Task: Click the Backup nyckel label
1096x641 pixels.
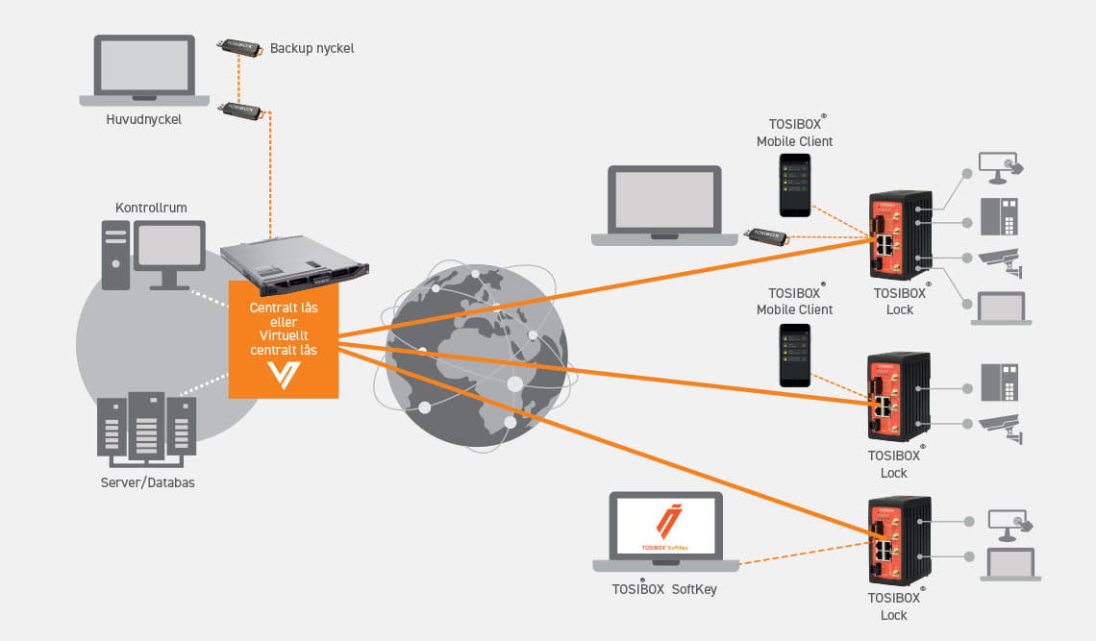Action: pyautogui.click(x=311, y=48)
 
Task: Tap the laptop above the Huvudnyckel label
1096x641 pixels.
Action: pyautogui.click(x=144, y=70)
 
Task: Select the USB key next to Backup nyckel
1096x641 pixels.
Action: pyautogui.click(x=236, y=47)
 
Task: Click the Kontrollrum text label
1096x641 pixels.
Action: pyautogui.click(x=151, y=208)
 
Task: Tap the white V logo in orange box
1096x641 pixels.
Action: pyautogui.click(x=284, y=373)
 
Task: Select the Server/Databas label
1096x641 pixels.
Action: pyautogui.click(x=147, y=482)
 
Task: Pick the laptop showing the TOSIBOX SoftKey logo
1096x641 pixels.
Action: pyautogui.click(x=665, y=529)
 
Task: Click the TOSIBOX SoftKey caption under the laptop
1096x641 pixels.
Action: pyautogui.click(x=663, y=590)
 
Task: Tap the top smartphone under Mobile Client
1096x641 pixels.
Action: pyautogui.click(x=794, y=185)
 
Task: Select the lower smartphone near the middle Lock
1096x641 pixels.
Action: pyautogui.click(x=794, y=355)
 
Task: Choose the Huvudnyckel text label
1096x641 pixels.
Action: pyautogui.click(x=144, y=120)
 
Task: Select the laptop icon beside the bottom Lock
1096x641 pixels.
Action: pyautogui.click(x=1009, y=564)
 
